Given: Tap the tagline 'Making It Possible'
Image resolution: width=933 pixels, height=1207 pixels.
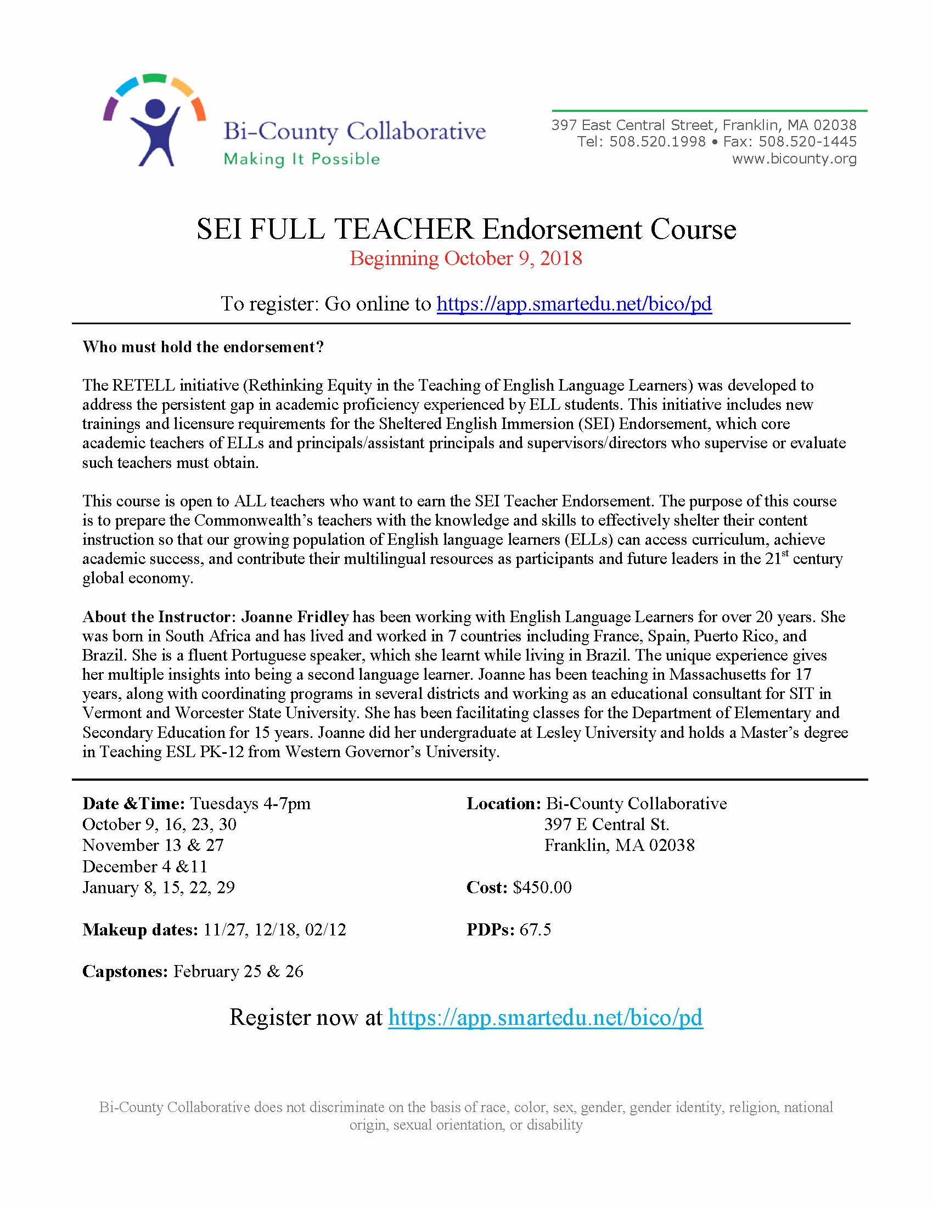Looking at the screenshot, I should click(301, 159).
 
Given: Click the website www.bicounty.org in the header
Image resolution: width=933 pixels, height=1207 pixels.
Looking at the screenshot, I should click(794, 159).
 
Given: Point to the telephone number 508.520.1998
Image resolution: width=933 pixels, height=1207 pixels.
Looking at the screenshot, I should click(657, 142).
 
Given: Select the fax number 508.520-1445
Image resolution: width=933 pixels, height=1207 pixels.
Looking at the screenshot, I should click(807, 142).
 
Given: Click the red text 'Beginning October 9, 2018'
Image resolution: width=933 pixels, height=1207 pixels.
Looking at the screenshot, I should click(465, 258).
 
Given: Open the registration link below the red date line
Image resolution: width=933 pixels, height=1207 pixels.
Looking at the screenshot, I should click(574, 303).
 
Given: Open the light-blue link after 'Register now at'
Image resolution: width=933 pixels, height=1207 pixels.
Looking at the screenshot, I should click(545, 1017).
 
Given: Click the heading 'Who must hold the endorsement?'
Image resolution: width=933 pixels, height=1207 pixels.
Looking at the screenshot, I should click(203, 347).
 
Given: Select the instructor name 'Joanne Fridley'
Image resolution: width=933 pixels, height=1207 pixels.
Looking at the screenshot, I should click(295, 617).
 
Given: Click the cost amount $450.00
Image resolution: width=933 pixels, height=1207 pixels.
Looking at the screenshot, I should click(542, 888).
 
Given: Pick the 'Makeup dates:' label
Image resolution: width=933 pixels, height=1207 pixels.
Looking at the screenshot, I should click(140, 929).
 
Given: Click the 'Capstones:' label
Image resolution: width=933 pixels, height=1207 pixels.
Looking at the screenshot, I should click(125, 972).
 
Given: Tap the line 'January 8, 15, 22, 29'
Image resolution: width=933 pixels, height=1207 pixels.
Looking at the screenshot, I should click(159, 888).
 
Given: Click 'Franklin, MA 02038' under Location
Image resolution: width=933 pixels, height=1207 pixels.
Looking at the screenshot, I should click(619, 845).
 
